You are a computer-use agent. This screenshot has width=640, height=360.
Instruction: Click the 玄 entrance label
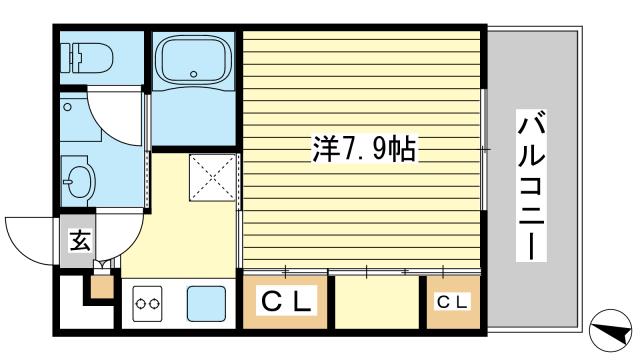tap(76, 241)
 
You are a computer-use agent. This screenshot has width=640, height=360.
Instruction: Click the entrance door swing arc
tap(30, 238)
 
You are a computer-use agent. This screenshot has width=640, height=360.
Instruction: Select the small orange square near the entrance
tap(101, 286)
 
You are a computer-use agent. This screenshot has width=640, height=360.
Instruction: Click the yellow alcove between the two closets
tap(376, 301)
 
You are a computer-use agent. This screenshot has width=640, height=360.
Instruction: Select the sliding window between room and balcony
tap(484, 150)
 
